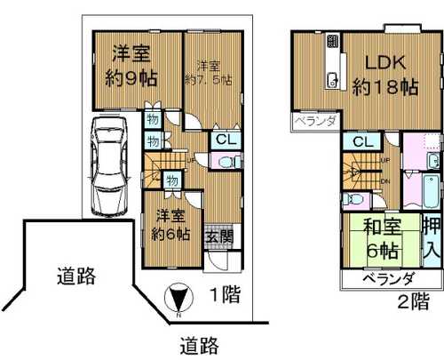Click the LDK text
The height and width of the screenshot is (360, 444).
point(384,63)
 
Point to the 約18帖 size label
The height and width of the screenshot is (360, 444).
point(385,87)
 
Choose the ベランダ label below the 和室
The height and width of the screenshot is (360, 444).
point(388,278)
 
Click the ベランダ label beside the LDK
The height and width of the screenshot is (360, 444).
point(313,121)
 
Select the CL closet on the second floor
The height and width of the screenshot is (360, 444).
point(361,142)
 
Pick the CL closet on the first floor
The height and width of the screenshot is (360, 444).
point(224,140)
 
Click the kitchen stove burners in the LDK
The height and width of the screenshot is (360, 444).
point(333,41)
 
